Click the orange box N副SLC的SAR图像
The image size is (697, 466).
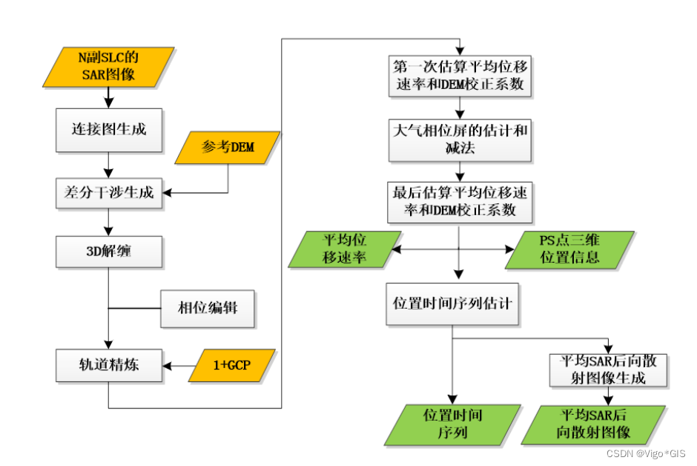(x=109, y=66)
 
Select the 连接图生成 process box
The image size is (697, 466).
(x=109, y=130)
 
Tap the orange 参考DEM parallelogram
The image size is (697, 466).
(x=228, y=147)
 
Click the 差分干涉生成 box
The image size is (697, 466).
(x=109, y=193)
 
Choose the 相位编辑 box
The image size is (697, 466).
(x=208, y=308)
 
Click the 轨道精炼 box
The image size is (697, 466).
(x=109, y=366)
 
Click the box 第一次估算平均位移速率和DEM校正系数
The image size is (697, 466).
(x=460, y=75)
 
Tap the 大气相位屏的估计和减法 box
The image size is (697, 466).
(x=460, y=140)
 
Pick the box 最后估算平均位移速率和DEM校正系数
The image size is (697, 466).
(x=460, y=202)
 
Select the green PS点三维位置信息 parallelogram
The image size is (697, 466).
(x=570, y=249)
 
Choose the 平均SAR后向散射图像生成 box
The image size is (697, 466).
(x=607, y=370)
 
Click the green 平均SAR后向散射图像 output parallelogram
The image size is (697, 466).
(x=593, y=424)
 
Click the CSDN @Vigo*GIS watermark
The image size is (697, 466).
(x=645, y=453)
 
